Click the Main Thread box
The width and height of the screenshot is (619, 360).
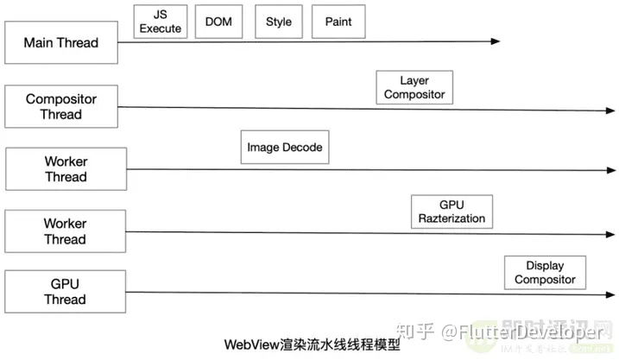pos(60,42)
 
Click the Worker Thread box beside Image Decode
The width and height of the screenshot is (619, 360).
pos(66,169)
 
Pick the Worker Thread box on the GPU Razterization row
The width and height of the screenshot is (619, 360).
pos(66,231)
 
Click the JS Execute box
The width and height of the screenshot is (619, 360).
pos(161,22)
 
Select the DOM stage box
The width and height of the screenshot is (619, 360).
pos(219,22)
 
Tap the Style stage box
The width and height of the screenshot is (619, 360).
pos(279,22)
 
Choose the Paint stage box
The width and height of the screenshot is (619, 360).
pos(338,22)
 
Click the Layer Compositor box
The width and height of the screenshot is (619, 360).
pos(414,87)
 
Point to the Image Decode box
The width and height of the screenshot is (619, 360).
pos(284,148)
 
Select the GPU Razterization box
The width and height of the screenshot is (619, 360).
pos(452,212)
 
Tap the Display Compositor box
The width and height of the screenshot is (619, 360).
pos(545,273)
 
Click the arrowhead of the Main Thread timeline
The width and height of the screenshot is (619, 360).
pos(495,41)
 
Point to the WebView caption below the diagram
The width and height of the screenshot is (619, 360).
pos(312,344)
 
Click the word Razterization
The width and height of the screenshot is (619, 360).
pos(452,219)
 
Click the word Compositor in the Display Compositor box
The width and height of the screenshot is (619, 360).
pos(545,280)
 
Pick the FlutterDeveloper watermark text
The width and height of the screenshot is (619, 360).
pos(535,332)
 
